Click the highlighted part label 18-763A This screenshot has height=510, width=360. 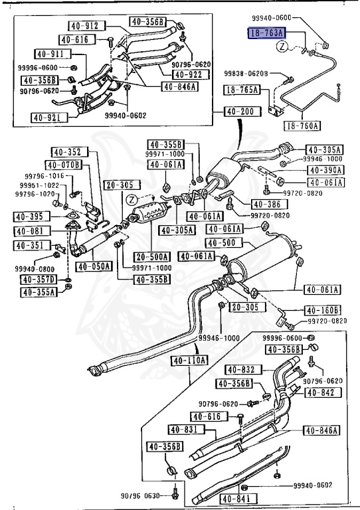[268, 33]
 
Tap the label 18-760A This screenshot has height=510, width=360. [302, 125]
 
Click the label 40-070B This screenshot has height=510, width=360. [63, 164]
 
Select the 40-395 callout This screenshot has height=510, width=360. [31, 216]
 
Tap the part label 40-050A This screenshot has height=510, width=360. [94, 266]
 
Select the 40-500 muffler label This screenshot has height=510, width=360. [220, 243]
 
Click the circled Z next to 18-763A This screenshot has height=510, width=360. [282, 46]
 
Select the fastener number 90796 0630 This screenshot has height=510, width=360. [142, 495]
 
